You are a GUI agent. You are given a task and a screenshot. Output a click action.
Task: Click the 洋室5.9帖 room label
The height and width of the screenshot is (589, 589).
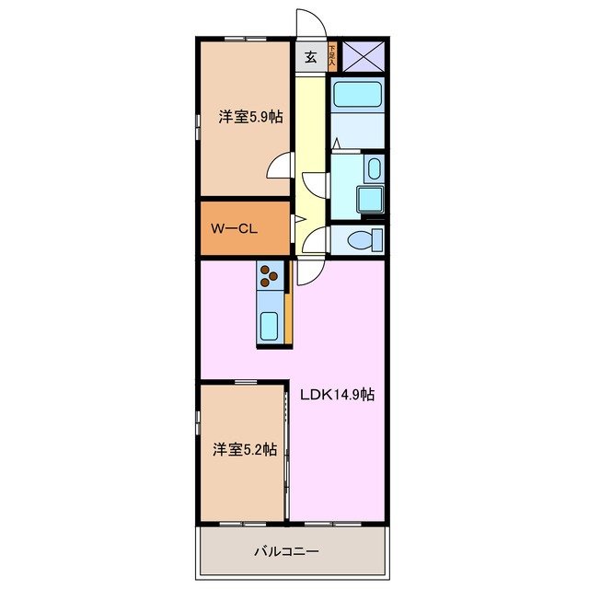tap(249, 117)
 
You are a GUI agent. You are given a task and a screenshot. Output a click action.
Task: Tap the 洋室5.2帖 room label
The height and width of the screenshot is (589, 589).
tap(245, 449)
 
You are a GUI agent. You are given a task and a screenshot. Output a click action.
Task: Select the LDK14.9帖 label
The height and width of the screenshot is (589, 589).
tap(338, 394)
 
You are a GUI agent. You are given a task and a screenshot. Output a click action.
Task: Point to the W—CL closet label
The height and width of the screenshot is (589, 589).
tap(233, 229)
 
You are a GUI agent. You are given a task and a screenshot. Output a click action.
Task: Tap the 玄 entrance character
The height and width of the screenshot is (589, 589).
tap(310, 57)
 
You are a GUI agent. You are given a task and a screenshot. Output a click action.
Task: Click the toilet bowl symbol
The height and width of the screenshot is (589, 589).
tap(365, 240)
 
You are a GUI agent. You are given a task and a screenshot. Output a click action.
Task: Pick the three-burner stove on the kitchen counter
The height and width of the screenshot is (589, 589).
tap(269, 275)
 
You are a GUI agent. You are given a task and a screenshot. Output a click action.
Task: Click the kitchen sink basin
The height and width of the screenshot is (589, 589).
tap(270, 325)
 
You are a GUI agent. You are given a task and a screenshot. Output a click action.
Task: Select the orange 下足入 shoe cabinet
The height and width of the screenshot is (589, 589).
tap(331, 56)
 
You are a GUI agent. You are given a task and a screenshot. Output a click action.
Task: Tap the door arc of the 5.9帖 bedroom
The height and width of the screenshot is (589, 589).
tap(279, 166)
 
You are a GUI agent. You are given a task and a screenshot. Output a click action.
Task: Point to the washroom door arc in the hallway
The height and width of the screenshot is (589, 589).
tap(316, 182)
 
